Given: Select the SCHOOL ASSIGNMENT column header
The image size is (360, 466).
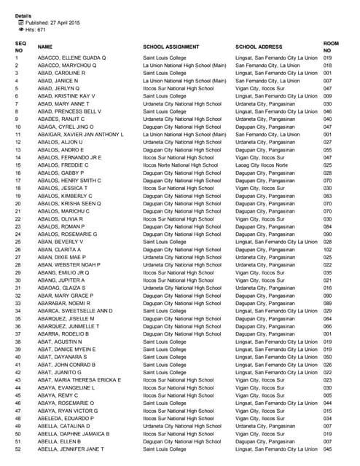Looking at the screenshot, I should tap(172, 47).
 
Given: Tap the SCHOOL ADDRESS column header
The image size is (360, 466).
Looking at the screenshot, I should tap(259, 47).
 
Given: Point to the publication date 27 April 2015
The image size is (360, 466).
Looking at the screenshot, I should tap(50, 23).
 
